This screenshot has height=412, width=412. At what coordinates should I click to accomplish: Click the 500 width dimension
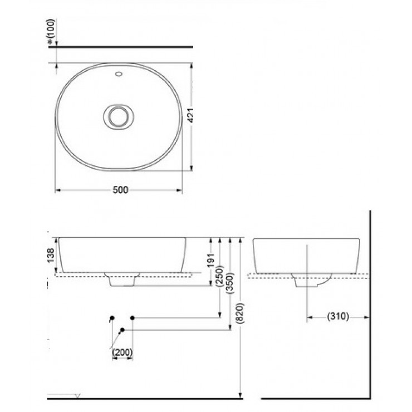[120, 190]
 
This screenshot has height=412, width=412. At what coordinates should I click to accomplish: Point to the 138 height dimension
[51, 255]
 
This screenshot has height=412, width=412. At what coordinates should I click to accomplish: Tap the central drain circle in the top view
[118, 116]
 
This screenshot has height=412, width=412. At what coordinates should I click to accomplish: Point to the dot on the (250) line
[132, 317]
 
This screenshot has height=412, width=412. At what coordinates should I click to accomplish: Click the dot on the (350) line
[122, 330]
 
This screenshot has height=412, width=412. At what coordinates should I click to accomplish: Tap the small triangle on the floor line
[78, 396]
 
